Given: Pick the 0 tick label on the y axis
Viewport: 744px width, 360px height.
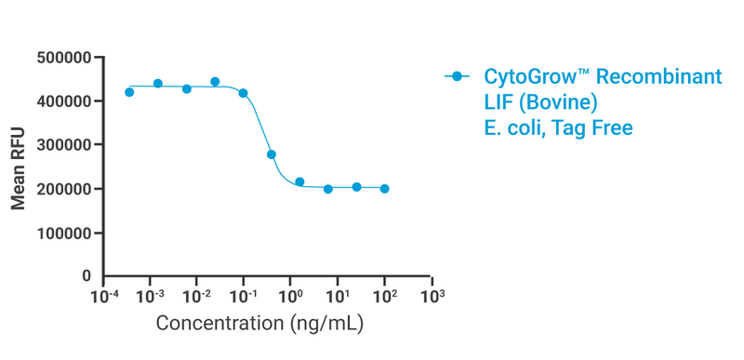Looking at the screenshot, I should (x=86, y=276).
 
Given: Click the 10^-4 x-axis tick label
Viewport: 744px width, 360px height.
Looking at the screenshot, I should (x=102, y=297).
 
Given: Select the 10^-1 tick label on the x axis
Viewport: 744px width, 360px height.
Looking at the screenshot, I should (x=244, y=297).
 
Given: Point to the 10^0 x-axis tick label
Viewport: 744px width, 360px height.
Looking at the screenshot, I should (x=291, y=297).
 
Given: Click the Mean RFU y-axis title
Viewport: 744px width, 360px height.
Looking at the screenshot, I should (x=19, y=167).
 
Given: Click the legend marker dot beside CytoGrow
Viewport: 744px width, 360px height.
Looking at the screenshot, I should (x=456, y=77).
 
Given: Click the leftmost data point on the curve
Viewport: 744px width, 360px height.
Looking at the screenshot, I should (x=129, y=91).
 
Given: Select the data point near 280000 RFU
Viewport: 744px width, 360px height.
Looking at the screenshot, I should (x=272, y=154).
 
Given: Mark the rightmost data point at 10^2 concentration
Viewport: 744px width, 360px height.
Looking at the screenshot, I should (x=385, y=189).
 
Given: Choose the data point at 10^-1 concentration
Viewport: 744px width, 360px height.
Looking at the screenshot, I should (x=244, y=93).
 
